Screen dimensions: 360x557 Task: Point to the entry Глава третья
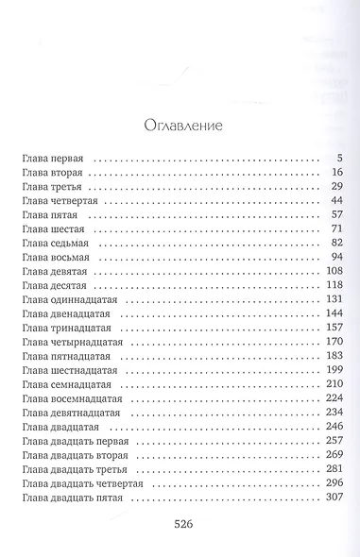point(52,187)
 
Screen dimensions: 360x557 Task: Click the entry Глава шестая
point(53,229)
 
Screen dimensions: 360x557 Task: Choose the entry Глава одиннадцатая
point(70,300)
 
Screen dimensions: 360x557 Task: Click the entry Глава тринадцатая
point(67,329)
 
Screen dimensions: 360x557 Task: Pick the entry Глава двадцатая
point(60,428)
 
